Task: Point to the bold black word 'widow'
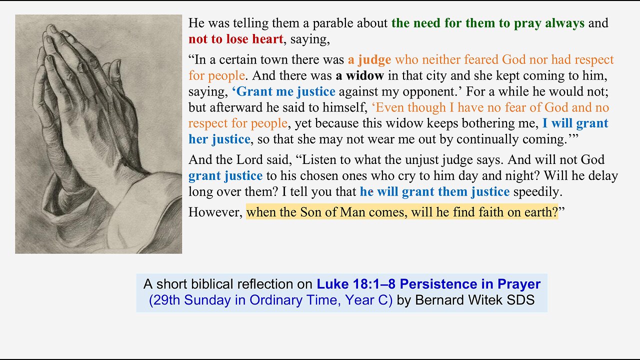(x=364, y=75)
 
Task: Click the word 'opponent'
(x=430, y=92)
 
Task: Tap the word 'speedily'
(x=536, y=191)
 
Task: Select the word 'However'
(x=214, y=212)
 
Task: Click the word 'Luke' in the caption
(x=333, y=284)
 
